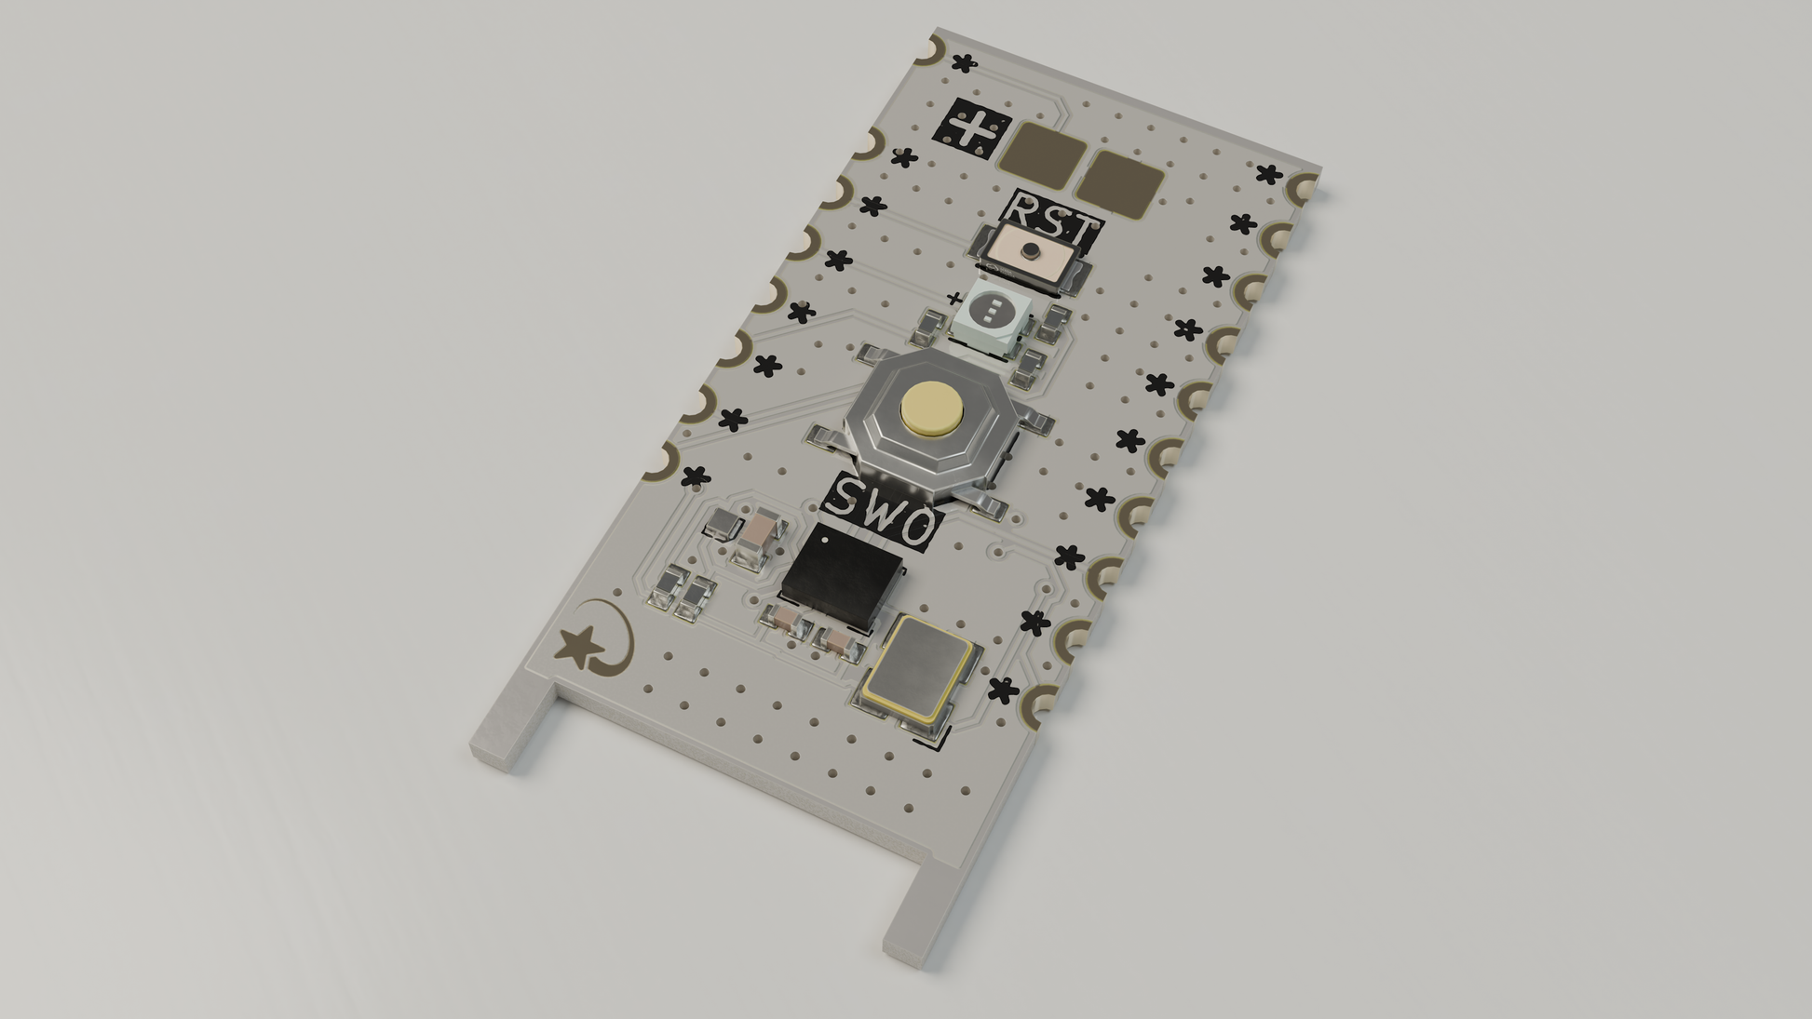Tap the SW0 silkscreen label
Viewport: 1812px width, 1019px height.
coord(880,511)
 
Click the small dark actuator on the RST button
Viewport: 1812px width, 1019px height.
coord(1031,250)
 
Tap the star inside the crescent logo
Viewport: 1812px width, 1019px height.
coord(579,644)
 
